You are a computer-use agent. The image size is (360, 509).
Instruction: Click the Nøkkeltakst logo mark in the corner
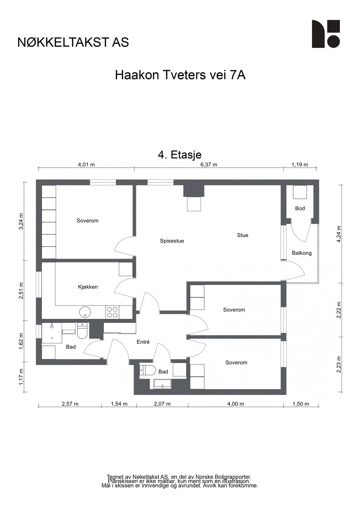[326, 34]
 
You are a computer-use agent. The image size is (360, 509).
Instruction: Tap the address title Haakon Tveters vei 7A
[180, 75]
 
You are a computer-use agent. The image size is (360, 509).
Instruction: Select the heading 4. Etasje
[180, 155]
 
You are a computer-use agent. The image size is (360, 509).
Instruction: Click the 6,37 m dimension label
[209, 165]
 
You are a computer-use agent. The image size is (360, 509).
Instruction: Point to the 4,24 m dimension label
[339, 234]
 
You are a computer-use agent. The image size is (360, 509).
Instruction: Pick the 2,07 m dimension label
[162, 404]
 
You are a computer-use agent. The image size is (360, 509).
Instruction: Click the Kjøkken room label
[88, 287]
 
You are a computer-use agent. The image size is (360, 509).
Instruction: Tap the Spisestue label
[172, 241]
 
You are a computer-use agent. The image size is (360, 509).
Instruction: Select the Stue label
[243, 235]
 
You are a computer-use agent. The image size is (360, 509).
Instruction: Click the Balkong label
[302, 253]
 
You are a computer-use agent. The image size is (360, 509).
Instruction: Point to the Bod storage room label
[300, 208]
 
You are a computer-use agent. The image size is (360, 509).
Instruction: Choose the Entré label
[143, 342]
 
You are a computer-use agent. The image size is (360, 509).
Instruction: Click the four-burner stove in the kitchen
[112, 312]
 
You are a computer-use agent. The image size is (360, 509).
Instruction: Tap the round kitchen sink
[85, 312]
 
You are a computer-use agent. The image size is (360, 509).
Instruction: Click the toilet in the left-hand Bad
[82, 331]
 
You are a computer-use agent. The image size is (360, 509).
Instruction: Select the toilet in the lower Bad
[148, 370]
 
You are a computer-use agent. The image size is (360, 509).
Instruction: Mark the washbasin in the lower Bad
[162, 384]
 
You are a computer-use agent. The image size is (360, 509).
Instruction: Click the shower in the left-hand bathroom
[52, 333]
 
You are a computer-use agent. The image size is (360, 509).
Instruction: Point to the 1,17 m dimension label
[21, 377]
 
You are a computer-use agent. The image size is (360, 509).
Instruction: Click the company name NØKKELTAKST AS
[73, 42]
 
